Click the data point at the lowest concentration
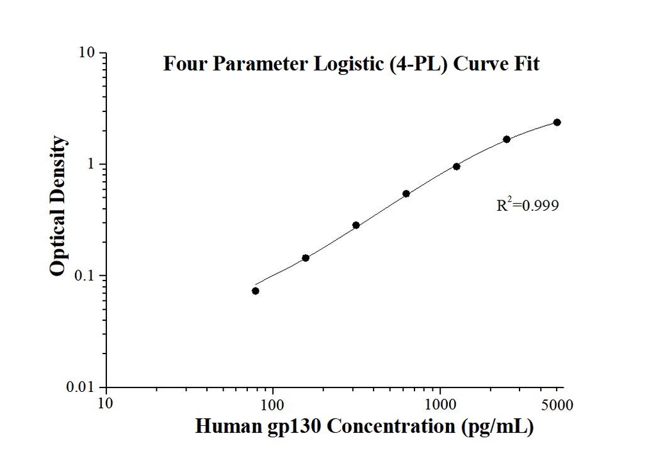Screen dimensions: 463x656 pos(256,291)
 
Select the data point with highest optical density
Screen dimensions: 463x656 pos(557,122)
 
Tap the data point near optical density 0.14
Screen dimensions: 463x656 pos(306,258)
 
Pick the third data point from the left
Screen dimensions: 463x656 pos(356,225)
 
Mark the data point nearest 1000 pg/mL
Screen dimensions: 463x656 pos(457,167)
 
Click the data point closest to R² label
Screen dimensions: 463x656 pos(507,139)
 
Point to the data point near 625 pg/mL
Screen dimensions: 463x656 pos(406,193)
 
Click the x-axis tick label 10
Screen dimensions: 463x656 pos(106,404)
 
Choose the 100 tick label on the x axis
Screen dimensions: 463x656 pos(274,404)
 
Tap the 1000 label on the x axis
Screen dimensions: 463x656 pos(441,404)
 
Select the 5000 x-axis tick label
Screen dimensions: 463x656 pos(557,404)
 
